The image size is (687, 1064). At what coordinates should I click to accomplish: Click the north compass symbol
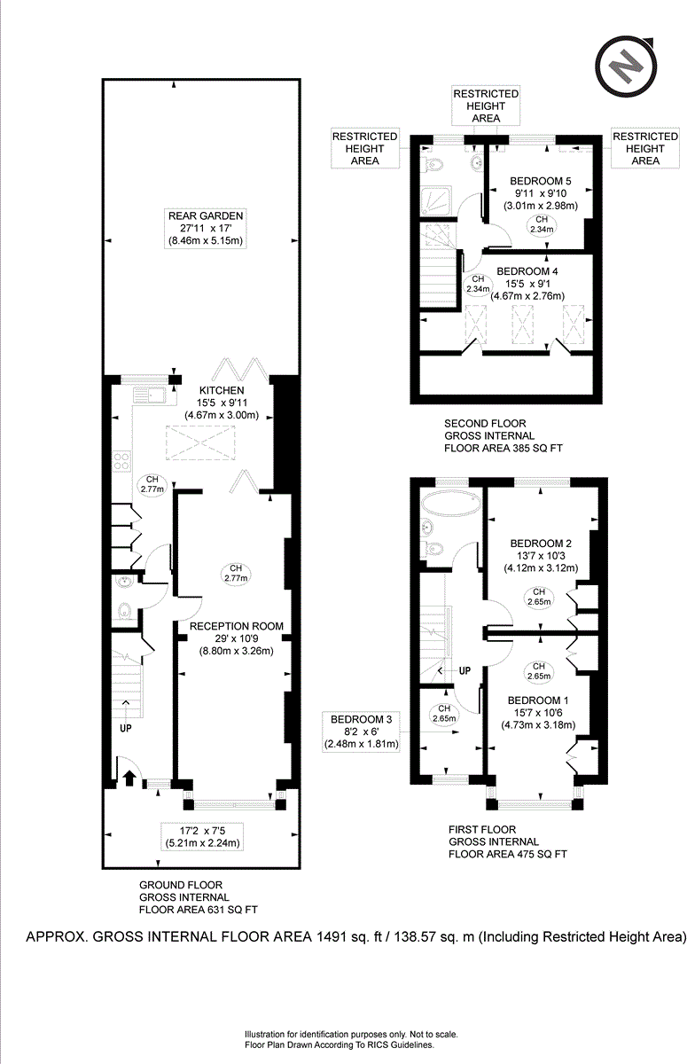pyautogui.click(x=628, y=66)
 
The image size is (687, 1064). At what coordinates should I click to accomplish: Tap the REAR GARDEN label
pyautogui.click(x=208, y=215)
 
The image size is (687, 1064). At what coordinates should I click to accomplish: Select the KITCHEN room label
pyautogui.click(x=221, y=390)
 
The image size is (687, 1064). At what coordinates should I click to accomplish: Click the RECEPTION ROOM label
pyautogui.click(x=237, y=626)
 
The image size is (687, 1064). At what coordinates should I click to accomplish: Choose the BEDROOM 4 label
pyautogui.click(x=527, y=270)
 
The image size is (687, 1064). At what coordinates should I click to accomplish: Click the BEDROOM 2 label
pyautogui.click(x=541, y=544)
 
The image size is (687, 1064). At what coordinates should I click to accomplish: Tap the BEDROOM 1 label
pyautogui.click(x=540, y=700)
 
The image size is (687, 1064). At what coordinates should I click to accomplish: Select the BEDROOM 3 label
pyautogui.click(x=361, y=718)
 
